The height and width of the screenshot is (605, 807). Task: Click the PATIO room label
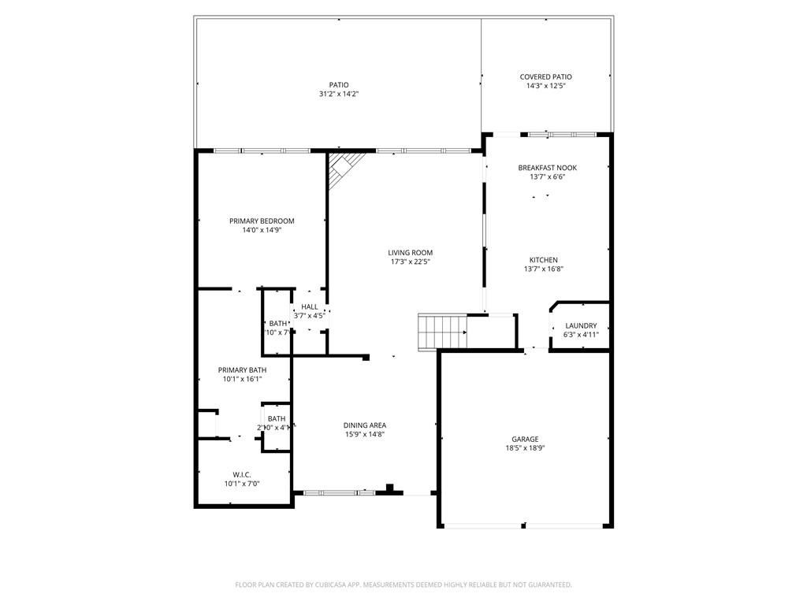(339, 85)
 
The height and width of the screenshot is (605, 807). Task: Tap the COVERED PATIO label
(545, 77)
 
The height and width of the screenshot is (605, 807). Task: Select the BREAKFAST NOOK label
(547, 168)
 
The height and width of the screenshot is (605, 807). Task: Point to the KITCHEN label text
(543, 260)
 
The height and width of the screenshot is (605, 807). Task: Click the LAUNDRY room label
(581, 326)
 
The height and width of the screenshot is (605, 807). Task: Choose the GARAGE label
(525, 440)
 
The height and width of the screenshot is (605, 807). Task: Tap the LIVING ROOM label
(411, 253)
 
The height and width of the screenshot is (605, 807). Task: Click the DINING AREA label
(364, 425)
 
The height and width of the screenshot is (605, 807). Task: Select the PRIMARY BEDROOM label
(262, 221)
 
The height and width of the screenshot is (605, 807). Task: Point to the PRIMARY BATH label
(242, 370)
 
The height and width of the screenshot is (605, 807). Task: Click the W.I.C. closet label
(241, 474)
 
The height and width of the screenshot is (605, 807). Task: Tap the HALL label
(310, 307)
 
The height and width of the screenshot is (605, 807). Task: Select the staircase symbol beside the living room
(442, 331)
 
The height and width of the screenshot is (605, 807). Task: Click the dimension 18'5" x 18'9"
(525, 448)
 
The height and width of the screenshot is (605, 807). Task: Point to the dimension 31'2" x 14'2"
(339, 94)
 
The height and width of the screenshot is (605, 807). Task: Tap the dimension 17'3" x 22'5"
(411, 262)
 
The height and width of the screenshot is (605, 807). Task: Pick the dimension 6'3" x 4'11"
(581, 335)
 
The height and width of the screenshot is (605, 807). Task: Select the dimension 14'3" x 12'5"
(545, 86)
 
